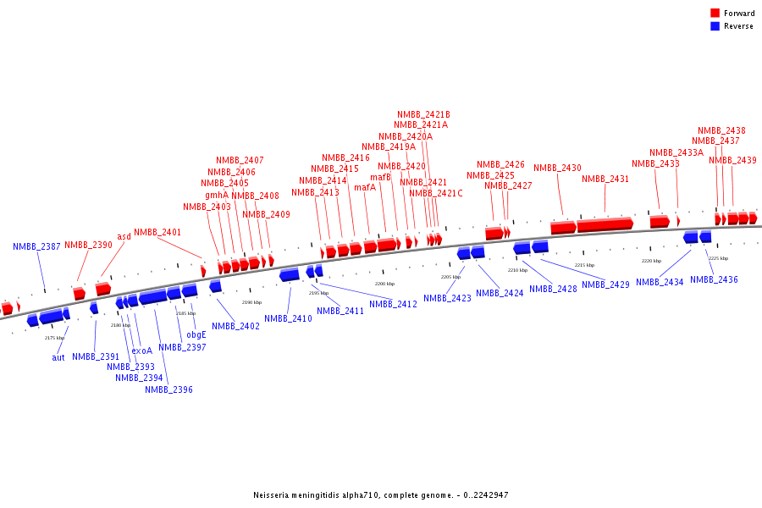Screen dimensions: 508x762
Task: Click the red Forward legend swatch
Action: pyautogui.click(x=715, y=14)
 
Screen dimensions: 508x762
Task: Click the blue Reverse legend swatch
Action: pyautogui.click(x=715, y=26)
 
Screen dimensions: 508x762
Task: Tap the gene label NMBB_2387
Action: pyautogui.click(x=36, y=246)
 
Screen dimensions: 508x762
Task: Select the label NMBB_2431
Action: pyautogui.click(x=605, y=179)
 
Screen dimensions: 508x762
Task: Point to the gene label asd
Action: pyautogui.click(x=124, y=236)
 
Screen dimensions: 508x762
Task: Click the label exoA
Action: pyautogui.click(x=142, y=351)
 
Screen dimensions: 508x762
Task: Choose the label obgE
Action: pyautogui.click(x=196, y=334)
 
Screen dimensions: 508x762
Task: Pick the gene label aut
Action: pyautogui.click(x=58, y=357)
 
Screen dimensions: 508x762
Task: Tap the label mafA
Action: pyautogui.click(x=365, y=187)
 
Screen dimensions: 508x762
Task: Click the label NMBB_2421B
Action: pyautogui.click(x=423, y=114)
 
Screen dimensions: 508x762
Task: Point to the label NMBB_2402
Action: pyautogui.click(x=235, y=326)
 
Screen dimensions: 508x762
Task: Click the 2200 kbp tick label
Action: pyautogui.click(x=384, y=284)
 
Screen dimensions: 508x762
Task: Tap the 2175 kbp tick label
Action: pyautogui.click(x=54, y=338)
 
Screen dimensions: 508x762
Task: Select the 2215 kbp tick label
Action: pyautogui.click(x=585, y=265)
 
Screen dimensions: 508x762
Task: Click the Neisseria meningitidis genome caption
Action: pyautogui.click(x=381, y=495)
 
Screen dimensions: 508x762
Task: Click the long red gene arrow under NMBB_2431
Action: pyautogui.click(x=605, y=224)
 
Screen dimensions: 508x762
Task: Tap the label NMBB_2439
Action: pyautogui.click(x=732, y=160)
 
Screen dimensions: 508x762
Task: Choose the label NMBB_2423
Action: pyautogui.click(x=447, y=298)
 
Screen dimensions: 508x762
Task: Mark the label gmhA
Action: pyautogui.click(x=217, y=195)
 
